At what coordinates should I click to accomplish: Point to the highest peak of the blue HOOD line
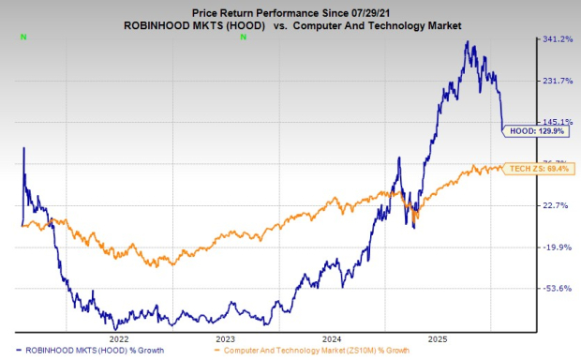coord(468,42)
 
